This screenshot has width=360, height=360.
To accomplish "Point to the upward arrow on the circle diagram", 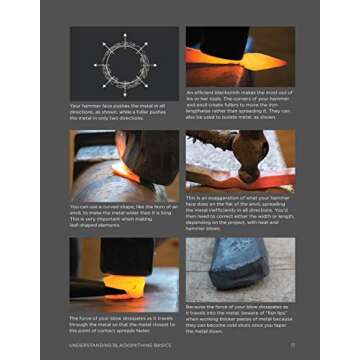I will click(120, 38).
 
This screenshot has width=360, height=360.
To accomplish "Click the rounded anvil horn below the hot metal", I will click(110, 190).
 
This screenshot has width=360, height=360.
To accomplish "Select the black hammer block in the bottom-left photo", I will click(125, 260).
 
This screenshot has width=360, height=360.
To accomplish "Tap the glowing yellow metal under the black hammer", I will click(125, 287).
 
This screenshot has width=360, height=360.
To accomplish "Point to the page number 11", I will click(290, 346).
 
